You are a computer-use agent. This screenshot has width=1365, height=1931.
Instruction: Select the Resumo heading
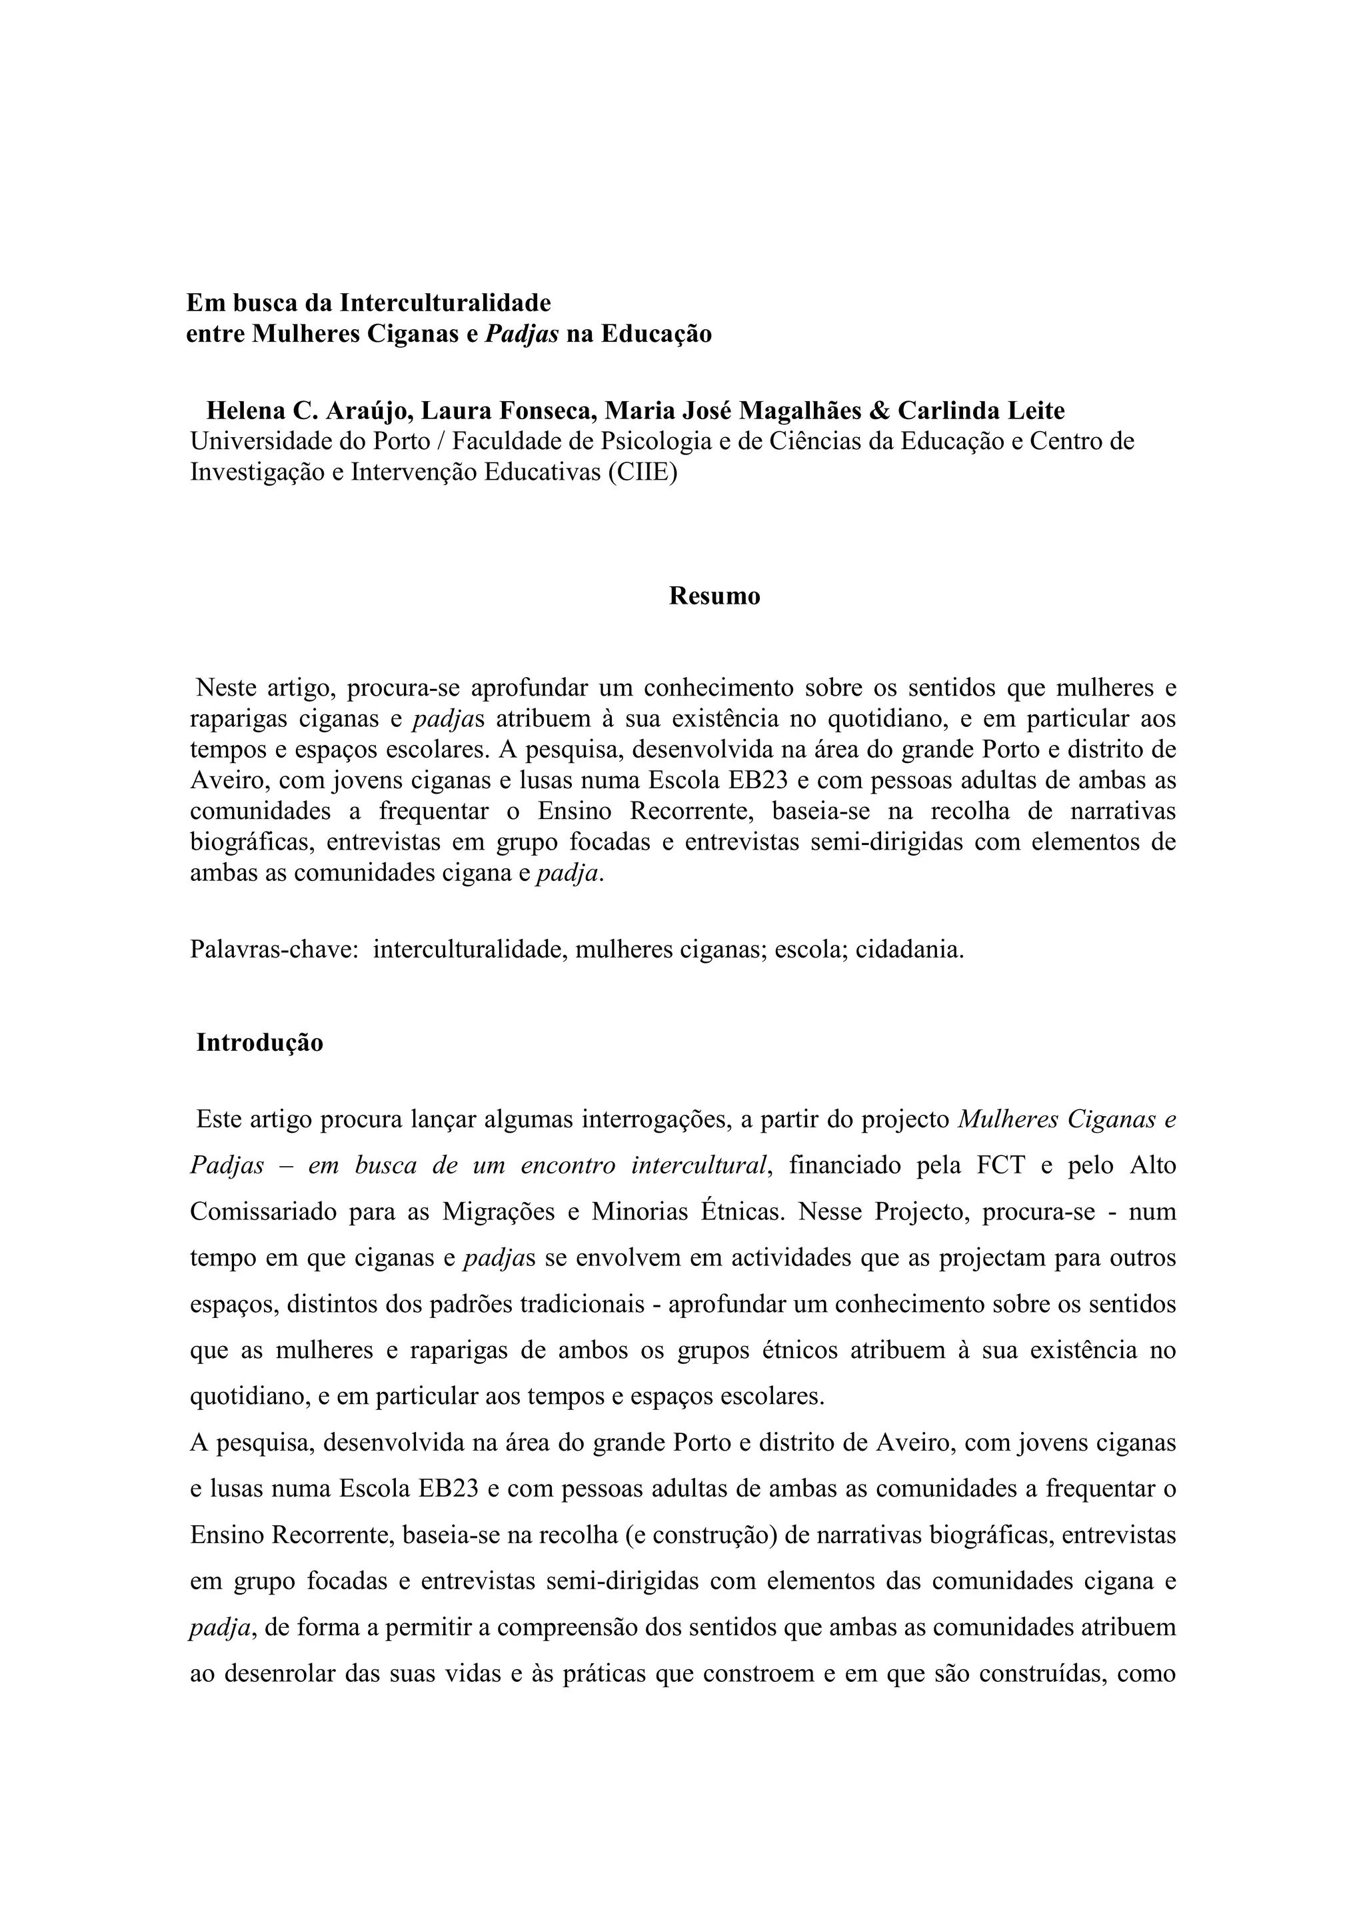(714, 596)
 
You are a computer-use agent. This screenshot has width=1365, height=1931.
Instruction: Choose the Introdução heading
(260, 1043)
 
